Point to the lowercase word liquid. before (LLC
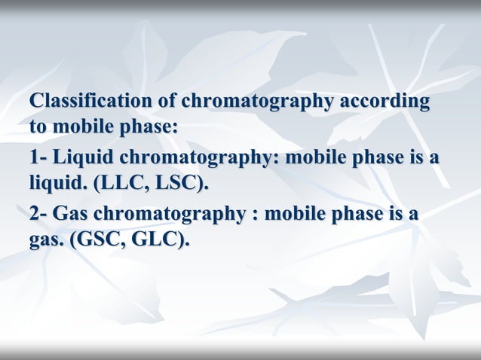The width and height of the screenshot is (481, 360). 55,183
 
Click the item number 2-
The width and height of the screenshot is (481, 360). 39,215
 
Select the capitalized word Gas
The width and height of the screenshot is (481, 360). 74,215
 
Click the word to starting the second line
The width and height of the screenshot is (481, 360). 37,126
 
